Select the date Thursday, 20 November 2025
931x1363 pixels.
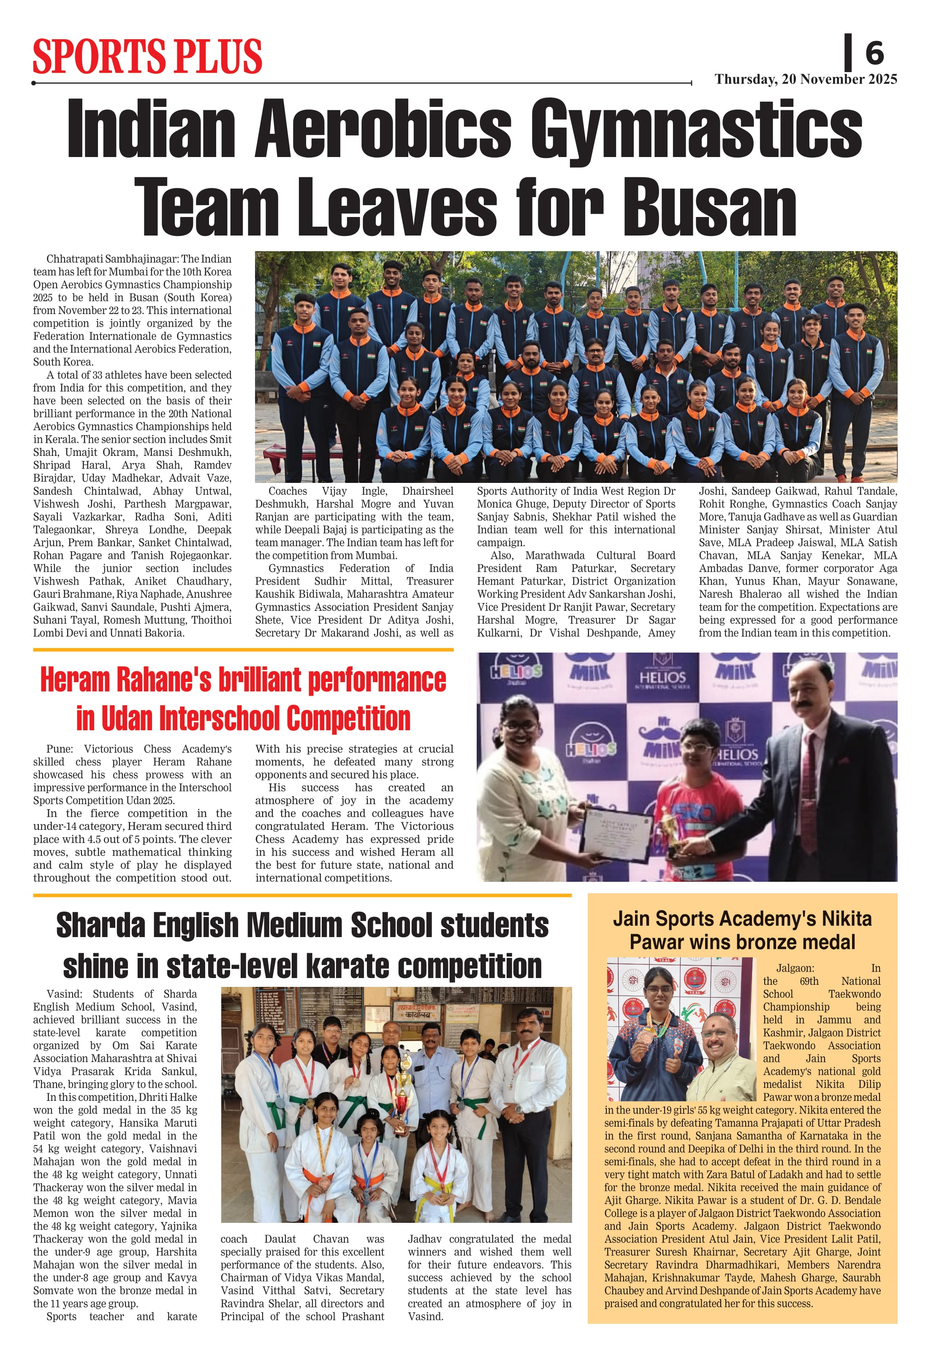pyautogui.click(x=806, y=79)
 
